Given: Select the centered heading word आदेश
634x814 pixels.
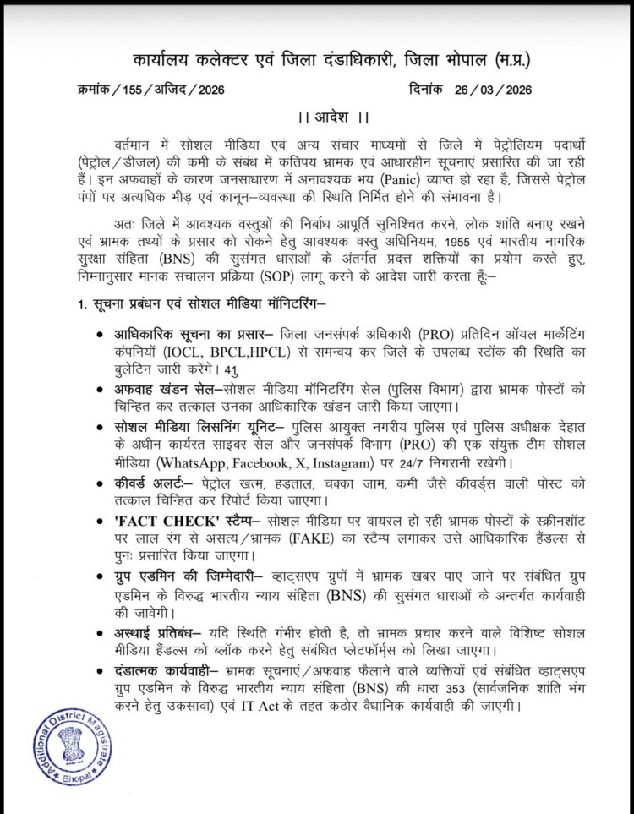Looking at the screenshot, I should coord(317,115).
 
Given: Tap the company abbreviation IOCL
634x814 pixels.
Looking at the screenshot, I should coord(194,347).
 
